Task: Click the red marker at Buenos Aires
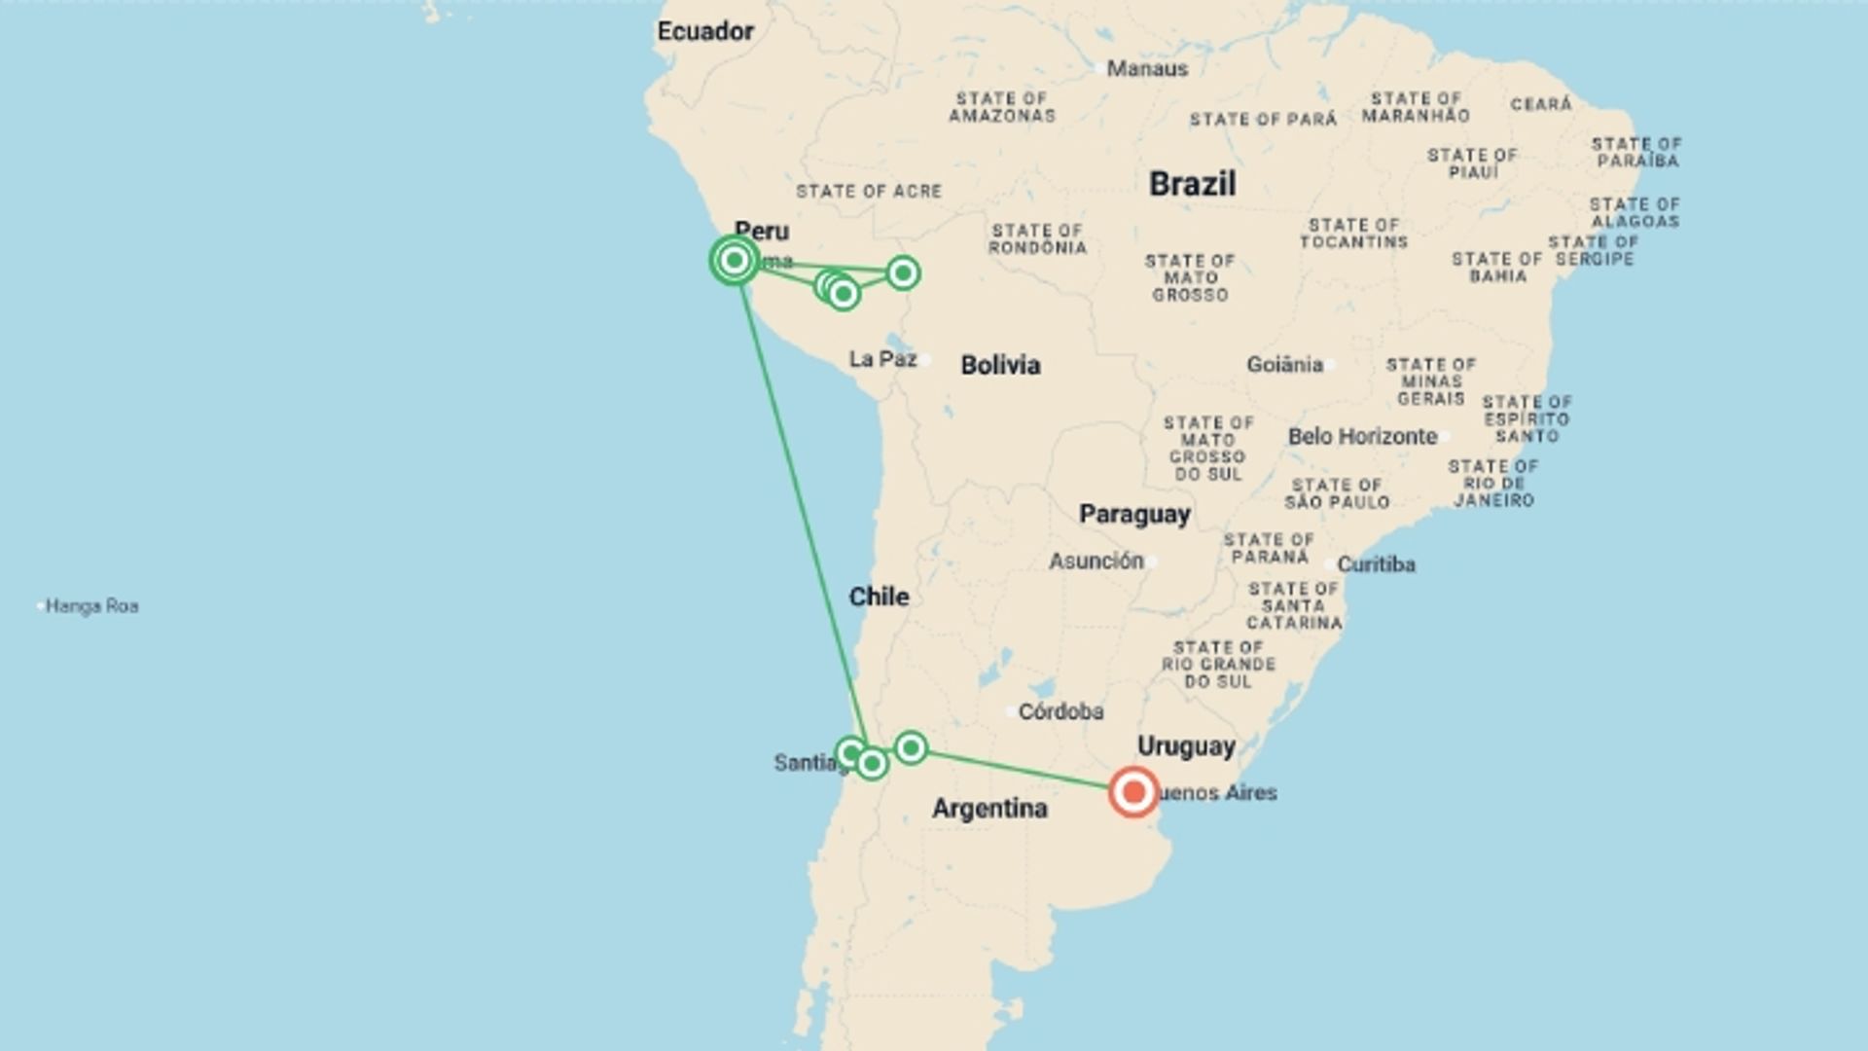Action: [x=1133, y=792]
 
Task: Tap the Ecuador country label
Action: [x=705, y=31]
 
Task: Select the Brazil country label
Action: [x=1192, y=184]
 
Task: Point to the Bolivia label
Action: [x=1000, y=365]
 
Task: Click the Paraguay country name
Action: [x=1134, y=514]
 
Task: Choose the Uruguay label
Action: [x=1186, y=746]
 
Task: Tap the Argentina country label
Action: [x=989, y=808]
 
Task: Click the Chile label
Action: [x=879, y=597]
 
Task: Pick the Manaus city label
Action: [x=1147, y=69]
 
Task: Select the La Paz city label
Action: [x=882, y=359]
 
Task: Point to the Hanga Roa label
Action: [x=91, y=606]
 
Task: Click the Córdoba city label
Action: [x=1060, y=711]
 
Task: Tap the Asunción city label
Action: [x=1096, y=561]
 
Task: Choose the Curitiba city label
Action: [x=1376, y=564]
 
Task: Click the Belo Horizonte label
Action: [x=1362, y=436]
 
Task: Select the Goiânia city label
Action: [x=1284, y=365]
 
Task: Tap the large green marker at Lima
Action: [x=735, y=260]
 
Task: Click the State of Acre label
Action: [x=869, y=192]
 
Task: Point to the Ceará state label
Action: [x=1541, y=104]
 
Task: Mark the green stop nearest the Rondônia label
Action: [x=903, y=272]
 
